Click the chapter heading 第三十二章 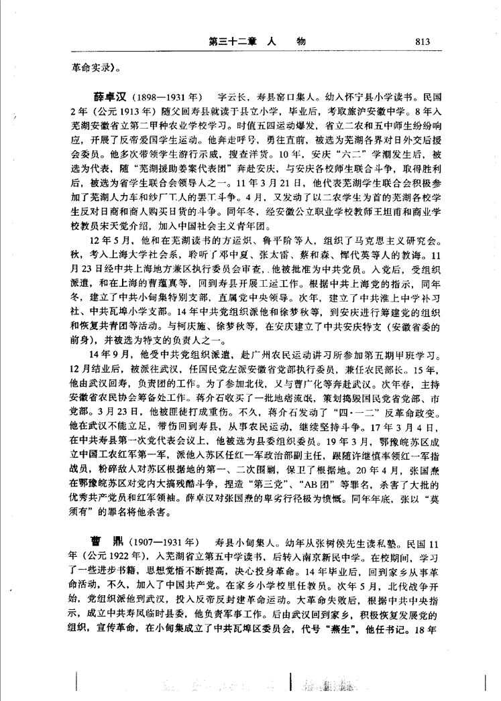point(232,42)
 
